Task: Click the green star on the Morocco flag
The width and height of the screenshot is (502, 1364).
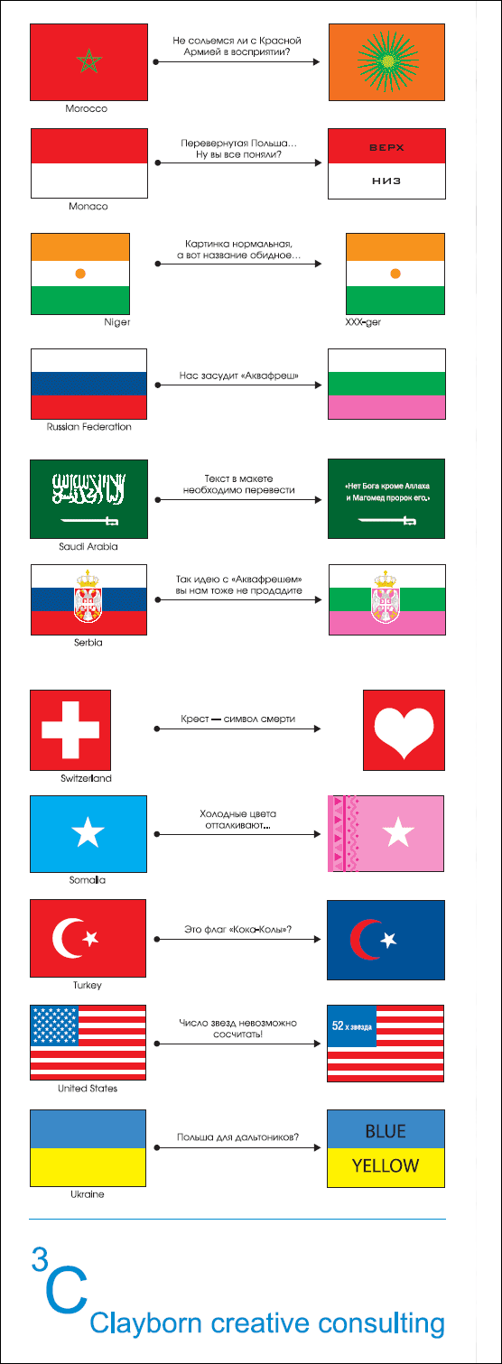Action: pyautogui.click(x=89, y=60)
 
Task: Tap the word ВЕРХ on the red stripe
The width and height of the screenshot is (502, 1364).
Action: pyautogui.click(x=386, y=147)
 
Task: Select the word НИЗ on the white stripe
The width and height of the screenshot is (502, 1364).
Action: pyautogui.click(x=386, y=181)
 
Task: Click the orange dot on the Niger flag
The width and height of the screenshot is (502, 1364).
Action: pyautogui.click(x=79, y=274)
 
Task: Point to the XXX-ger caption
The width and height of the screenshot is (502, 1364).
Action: pyautogui.click(x=363, y=322)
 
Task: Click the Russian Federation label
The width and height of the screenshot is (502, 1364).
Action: pyautogui.click(x=89, y=427)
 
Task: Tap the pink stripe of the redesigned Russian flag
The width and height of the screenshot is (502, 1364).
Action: pyautogui.click(x=386, y=407)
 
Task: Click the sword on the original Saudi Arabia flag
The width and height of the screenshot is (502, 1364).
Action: pyautogui.click(x=89, y=521)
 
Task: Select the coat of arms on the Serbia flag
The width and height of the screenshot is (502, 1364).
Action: pyautogui.click(x=88, y=596)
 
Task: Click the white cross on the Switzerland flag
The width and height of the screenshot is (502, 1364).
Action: pyautogui.click(x=70, y=729)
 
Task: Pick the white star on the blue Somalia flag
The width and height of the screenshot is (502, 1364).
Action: pyautogui.click(x=88, y=832)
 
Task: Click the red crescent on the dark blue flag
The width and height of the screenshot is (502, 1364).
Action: pyautogui.click(x=361, y=940)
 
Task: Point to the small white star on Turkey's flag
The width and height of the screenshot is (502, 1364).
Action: pyautogui.click(x=90, y=938)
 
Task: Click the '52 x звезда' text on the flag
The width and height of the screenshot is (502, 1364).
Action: pyautogui.click(x=351, y=1026)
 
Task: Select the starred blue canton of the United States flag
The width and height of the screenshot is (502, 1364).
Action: pyautogui.click(x=54, y=1025)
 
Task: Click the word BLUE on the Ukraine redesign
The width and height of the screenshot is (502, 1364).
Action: pyautogui.click(x=386, y=1131)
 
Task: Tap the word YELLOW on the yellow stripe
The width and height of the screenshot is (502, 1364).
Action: pyautogui.click(x=386, y=1165)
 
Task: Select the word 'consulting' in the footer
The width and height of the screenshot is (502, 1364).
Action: pyautogui.click(x=381, y=1323)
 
